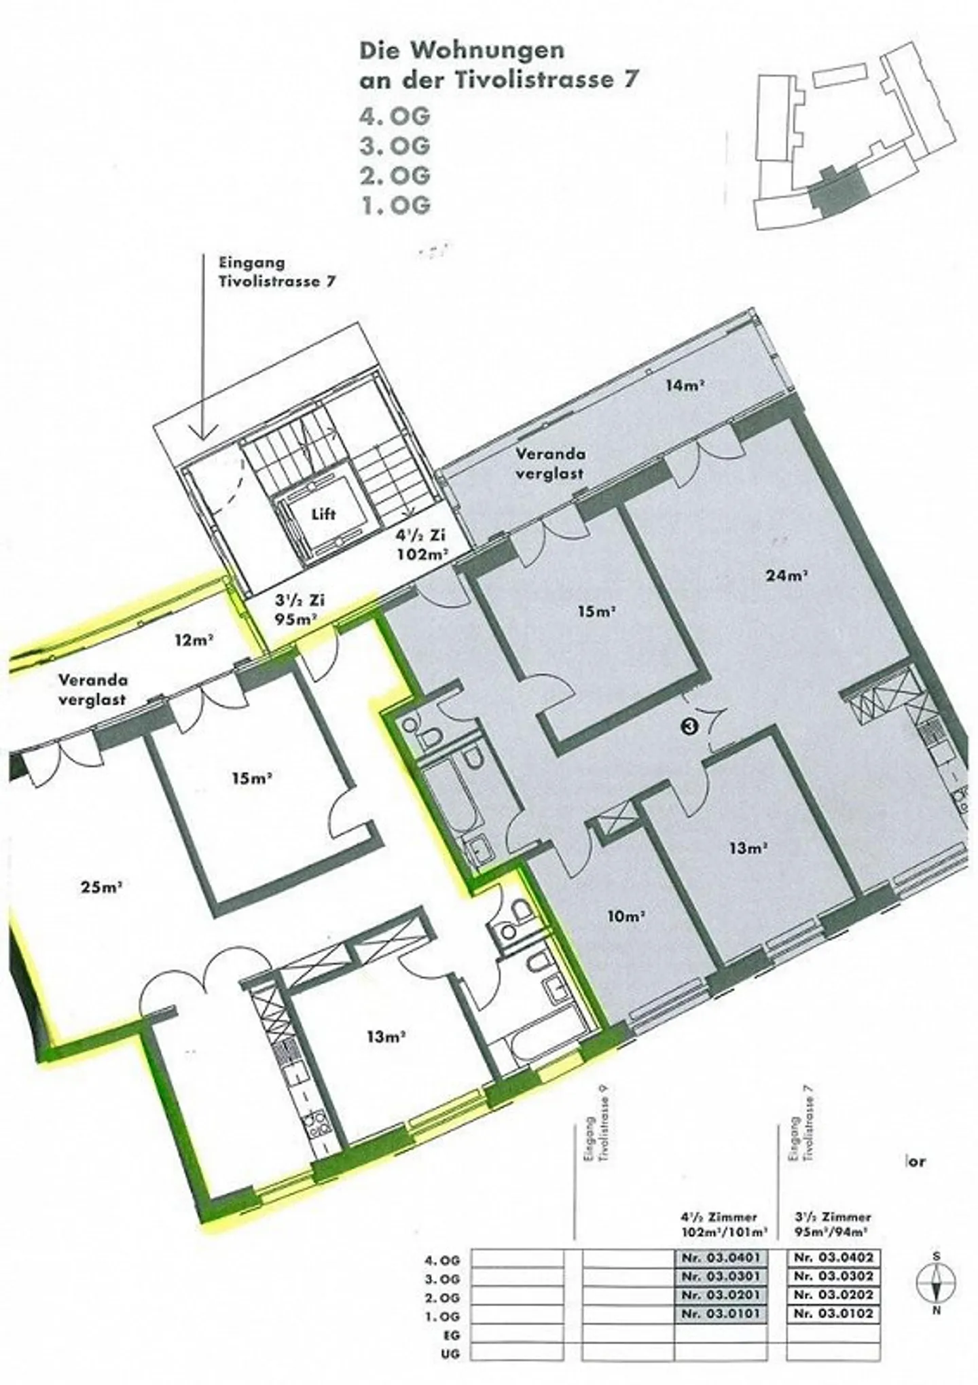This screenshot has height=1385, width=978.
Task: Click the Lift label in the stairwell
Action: [323, 514]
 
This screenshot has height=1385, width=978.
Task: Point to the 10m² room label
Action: [626, 916]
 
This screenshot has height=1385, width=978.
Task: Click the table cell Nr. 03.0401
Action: [721, 1257]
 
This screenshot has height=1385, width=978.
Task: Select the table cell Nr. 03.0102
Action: [833, 1313]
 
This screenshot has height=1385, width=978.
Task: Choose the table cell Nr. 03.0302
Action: [833, 1276]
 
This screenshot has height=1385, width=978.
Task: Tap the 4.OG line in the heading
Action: [395, 117]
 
